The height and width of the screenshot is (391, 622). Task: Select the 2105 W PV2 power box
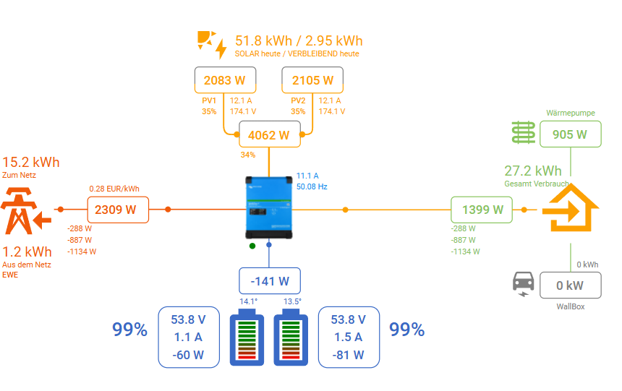click(312, 80)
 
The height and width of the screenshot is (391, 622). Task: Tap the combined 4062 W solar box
click(268, 134)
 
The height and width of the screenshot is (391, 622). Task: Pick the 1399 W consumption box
click(482, 210)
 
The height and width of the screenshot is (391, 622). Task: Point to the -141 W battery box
click(269, 280)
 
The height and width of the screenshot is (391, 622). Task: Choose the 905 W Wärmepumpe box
click(569, 134)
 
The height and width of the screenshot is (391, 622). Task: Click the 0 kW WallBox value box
click(569, 285)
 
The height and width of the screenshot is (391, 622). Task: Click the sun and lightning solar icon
click(211, 43)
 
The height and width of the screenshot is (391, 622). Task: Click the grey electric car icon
click(522, 283)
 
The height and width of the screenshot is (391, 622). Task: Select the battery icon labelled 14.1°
click(248, 337)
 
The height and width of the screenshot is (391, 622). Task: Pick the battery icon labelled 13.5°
click(292, 337)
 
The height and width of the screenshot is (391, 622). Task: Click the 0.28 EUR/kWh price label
click(114, 189)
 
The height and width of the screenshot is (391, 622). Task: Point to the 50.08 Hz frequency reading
click(312, 186)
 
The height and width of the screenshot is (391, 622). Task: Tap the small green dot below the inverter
click(252, 246)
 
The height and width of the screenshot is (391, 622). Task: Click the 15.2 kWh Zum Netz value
click(31, 162)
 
